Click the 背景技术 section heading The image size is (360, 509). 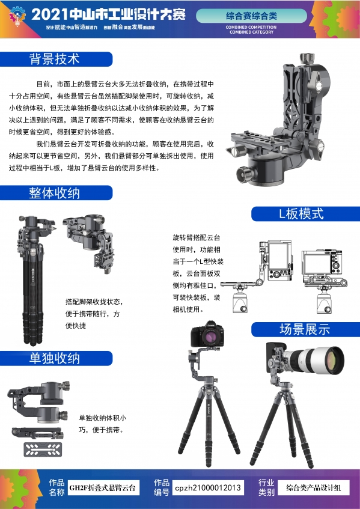coord(55,59)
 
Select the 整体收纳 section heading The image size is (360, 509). coord(55,193)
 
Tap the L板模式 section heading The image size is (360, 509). coord(301,214)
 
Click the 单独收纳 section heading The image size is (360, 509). coord(55,359)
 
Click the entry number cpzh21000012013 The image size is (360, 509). coord(208,487)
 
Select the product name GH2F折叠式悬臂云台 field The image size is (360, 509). coord(103,487)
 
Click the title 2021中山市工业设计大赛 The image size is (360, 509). coord(109,14)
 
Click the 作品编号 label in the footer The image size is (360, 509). coord(162,487)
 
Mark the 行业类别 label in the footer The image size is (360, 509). coord(266,487)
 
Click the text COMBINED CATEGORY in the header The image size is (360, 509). coord(251,32)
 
